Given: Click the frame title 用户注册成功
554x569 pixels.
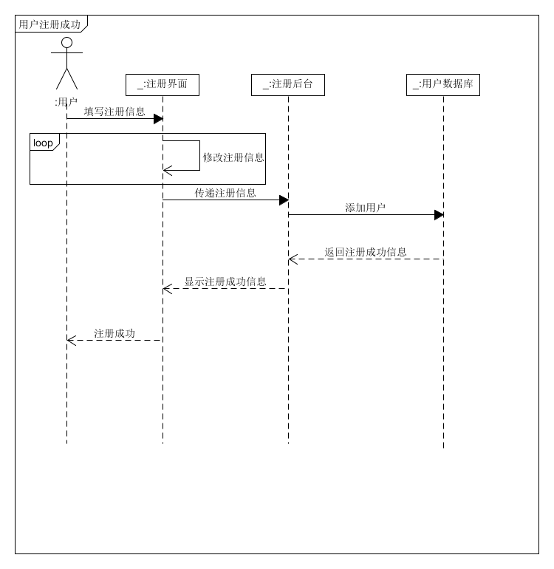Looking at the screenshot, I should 49,24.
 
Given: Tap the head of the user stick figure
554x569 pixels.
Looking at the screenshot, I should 66,43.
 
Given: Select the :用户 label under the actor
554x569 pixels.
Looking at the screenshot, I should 66,103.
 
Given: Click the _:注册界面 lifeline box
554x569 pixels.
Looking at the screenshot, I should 163,85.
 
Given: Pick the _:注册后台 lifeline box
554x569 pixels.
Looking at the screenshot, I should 288,85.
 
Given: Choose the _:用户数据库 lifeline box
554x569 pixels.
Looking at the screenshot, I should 443,85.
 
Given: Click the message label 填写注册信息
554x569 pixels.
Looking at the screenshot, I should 114,112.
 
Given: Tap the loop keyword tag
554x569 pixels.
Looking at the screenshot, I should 44,143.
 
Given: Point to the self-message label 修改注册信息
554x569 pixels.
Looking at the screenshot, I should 233,157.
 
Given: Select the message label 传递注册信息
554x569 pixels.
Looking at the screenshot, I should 225,193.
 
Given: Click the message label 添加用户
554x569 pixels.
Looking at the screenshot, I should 366,208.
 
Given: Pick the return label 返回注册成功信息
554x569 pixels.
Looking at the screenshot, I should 366,252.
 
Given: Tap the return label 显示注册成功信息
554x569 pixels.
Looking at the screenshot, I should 225,282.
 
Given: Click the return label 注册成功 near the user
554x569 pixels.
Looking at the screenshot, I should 114,333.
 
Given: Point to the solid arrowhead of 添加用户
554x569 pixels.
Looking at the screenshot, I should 439,215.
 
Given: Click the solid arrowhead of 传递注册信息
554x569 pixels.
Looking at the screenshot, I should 284,200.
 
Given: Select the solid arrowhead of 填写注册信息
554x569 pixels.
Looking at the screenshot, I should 158,119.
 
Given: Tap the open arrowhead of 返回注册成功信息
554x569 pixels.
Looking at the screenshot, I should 293,259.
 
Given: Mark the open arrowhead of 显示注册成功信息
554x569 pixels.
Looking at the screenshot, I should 167,289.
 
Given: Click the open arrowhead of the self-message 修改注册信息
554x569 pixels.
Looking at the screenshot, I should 167,171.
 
